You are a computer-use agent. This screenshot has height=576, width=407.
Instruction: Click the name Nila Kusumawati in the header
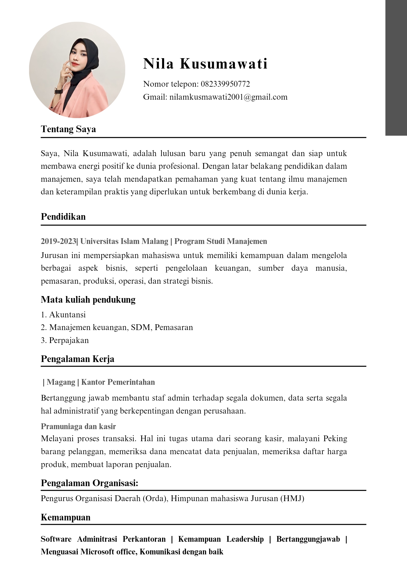[x=206, y=64]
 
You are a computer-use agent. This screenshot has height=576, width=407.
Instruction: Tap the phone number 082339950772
[x=225, y=84]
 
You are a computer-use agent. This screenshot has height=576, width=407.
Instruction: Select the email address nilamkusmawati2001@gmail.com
[x=228, y=97]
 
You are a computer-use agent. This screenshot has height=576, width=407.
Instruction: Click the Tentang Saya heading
[x=68, y=129]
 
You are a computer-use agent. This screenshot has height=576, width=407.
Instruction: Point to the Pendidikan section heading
[x=63, y=217]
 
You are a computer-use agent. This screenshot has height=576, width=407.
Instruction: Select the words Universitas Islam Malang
[x=124, y=241]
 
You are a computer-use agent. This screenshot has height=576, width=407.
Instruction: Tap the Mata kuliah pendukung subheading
[x=88, y=300]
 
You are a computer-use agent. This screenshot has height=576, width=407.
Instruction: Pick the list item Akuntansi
[x=67, y=314]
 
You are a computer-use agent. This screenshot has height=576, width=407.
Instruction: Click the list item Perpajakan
[x=69, y=340]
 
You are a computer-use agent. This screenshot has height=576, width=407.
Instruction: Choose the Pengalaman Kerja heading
[x=77, y=359]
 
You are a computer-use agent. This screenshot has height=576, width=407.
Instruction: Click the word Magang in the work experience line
[x=61, y=382]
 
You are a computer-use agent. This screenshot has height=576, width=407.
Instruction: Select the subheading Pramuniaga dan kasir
[x=78, y=426]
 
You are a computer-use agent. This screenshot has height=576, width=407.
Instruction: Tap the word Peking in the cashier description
[x=335, y=439]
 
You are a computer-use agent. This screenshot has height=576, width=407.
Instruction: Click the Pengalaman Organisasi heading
[x=90, y=483]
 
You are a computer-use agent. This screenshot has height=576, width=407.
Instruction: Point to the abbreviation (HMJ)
[x=292, y=498]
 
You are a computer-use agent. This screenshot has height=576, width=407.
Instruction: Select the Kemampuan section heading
[x=66, y=517]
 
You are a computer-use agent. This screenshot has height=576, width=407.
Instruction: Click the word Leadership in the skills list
[x=245, y=539]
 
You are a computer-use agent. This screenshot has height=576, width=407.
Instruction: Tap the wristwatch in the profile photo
[x=59, y=92]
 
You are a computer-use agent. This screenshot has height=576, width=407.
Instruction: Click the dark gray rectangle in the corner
[x=396, y=68]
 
